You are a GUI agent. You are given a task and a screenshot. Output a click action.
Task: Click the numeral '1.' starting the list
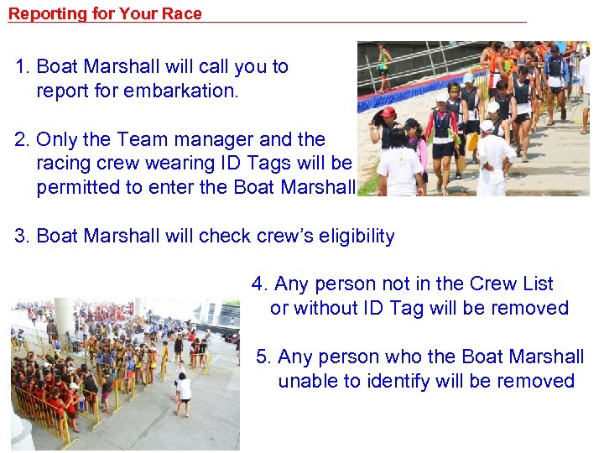point(23,67)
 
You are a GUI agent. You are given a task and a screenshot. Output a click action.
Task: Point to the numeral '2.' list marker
point(23,139)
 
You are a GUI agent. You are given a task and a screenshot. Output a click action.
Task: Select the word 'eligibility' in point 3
point(351,237)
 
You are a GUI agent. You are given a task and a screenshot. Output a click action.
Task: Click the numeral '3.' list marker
point(23,237)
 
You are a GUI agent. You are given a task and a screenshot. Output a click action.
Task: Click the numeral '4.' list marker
point(260,284)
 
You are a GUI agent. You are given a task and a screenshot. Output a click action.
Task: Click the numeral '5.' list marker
point(264,357)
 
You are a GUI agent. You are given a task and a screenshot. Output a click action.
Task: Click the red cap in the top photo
point(388,112)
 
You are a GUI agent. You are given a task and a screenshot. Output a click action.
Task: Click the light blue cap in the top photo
point(468,79)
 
